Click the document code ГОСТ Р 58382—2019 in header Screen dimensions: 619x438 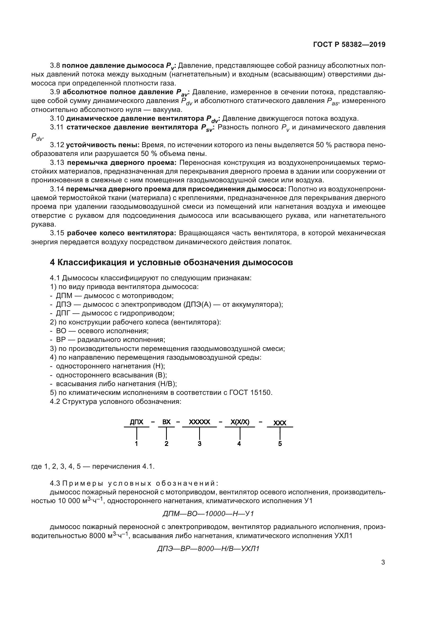click(x=349, y=45)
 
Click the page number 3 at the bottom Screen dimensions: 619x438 click(x=383, y=562)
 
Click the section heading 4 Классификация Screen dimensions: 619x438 click(x=171, y=262)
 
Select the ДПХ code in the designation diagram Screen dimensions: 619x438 click(x=136, y=422)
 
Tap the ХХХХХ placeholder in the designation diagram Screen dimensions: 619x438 click(x=199, y=422)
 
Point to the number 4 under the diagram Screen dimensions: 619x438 click(x=239, y=444)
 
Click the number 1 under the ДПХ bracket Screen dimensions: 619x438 click(x=136, y=444)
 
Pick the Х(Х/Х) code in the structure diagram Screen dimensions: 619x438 click(x=240, y=422)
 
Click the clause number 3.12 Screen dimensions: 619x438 click(x=57, y=145)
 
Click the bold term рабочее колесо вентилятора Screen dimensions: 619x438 click(x=121, y=233)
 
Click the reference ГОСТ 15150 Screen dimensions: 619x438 click(x=251, y=392)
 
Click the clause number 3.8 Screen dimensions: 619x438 click(x=55, y=66)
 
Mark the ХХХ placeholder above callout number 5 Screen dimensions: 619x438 click(x=280, y=423)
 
